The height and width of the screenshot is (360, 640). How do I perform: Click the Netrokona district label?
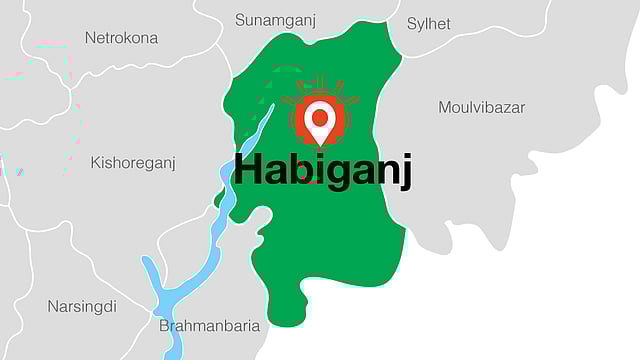pyautogui.click(x=120, y=38)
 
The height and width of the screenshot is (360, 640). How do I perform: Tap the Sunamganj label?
pyautogui.click(x=275, y=20)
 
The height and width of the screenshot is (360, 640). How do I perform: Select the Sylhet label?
pyautogui.click(x=429, y=23)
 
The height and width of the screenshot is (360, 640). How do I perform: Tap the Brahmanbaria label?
pyautogui.click(x=210, y=326)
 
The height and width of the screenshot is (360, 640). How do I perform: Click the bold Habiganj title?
pyautogui.click(x=322, y=170)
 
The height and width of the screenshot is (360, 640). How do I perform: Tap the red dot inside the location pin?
pyautogui.click(x=319, y=114)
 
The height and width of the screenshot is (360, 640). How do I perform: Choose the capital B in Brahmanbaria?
pyautogui.click(x=165, y=326)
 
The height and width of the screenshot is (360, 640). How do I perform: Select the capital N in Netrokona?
pyautogui.click(x=90, y=38)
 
